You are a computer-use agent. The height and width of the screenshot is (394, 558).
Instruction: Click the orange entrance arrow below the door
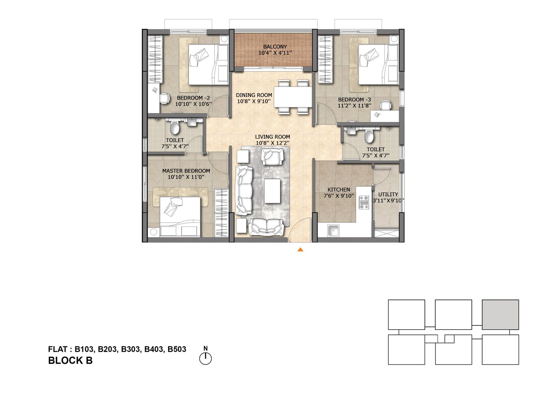[x=300, y=250]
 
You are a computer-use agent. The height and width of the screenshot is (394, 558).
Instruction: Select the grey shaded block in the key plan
[x=500, y=315]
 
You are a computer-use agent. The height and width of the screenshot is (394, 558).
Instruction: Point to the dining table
[x=293, y=96]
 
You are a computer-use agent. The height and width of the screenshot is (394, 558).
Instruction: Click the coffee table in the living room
[x=272, y=191]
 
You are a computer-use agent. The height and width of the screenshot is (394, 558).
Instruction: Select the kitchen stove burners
[x=364, y=202]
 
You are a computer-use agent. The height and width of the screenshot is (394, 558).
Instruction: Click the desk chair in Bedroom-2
[x=164, y=98]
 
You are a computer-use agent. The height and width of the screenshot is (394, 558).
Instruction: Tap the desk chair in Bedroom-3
[x=386, y=105]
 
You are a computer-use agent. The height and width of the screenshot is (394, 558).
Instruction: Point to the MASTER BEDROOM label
[x=186, y=171]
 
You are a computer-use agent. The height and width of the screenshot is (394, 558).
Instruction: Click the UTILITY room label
[x=388, y=194]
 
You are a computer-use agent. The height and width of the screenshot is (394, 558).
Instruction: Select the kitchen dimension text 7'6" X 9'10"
[x=339, y=196]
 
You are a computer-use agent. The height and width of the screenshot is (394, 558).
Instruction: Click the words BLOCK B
[x=70, y=361]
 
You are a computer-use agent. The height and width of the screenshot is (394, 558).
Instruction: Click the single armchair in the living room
[x=272, y=156]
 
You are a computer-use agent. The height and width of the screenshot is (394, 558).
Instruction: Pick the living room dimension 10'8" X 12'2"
[x=272, y=143]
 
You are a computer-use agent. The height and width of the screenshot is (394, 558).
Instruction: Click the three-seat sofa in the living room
[x=244, y=191]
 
